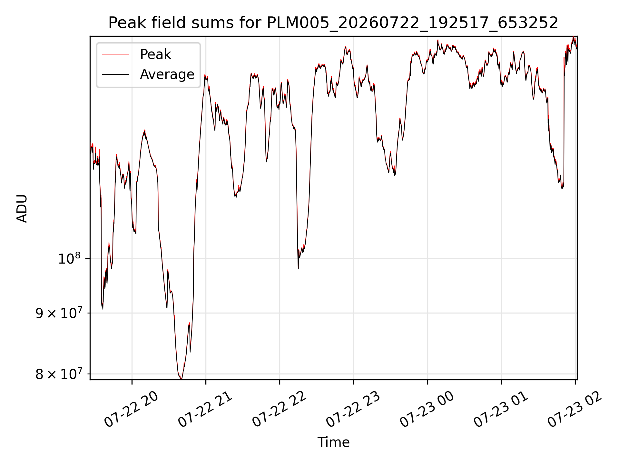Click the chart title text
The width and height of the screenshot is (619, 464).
click(x=333, y=23)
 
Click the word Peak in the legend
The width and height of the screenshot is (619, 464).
click(x=155, y=54)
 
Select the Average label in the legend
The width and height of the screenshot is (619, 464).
click(x=167, y=74)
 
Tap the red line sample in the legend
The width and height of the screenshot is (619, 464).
click(x=116, y=54)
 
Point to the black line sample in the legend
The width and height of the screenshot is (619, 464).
click(x=116, y=74)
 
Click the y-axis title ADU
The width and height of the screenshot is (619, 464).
click(x=22, y=208)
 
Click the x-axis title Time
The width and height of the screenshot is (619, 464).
click(x=333, y=442)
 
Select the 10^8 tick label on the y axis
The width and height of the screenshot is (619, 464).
click(x=69, y=258)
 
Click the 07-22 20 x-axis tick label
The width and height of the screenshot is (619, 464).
click(x=132, y=409)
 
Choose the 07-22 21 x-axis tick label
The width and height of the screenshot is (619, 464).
click(x=205, y=409)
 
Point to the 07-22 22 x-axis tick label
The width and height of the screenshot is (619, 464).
click(x=279, y=409)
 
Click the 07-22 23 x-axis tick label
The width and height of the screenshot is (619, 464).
click(x=353, y=409)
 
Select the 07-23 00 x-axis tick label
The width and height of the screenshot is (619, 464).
click(x=427, y=409)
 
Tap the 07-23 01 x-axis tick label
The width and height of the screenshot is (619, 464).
click(x=501, y=409)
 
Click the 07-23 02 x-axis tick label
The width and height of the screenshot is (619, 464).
click(x=575, y=409)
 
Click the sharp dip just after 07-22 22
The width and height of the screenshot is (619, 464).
click(x=298, y=268)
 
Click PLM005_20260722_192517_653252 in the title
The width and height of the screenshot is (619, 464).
click(x=413, y=23)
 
